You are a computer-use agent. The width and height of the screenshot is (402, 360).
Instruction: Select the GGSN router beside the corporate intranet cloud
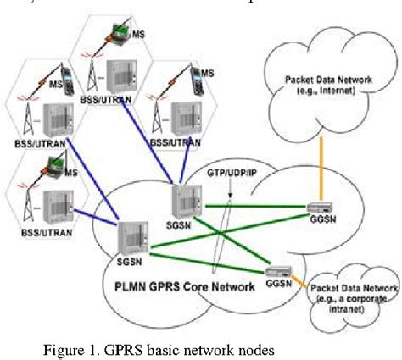[x=277, y=271]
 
